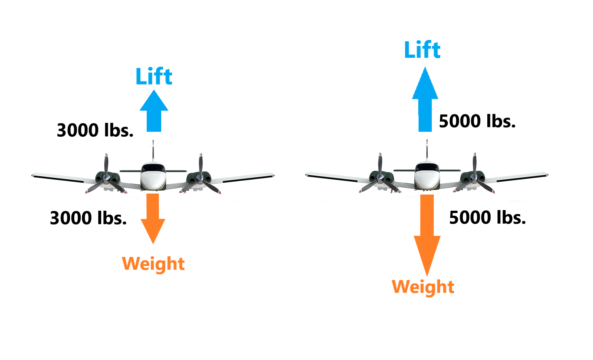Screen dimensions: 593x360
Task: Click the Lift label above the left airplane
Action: (154, 76)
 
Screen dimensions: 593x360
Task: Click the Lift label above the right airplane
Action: (422, 50)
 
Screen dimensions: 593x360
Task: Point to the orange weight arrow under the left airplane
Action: (153, 218)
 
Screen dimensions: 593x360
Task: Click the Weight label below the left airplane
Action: (153, 264)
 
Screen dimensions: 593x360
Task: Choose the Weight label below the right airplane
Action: (423, 287)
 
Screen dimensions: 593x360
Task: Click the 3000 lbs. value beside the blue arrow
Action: (95, 130)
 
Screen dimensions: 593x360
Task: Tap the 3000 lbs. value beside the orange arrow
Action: (88, 218)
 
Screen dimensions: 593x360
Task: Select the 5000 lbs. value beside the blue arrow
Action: (477, 121)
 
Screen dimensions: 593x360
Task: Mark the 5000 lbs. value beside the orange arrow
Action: (487, 217)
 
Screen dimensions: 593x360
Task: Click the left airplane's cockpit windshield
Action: (153, 168)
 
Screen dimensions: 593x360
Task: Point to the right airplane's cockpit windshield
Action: (427, 167)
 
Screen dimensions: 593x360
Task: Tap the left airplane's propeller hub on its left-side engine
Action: (106, 180)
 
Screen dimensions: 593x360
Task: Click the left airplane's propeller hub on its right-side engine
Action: (200, 179)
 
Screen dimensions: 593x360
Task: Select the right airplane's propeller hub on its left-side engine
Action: (380, 179)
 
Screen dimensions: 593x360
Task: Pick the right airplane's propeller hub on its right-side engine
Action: (474, 179)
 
